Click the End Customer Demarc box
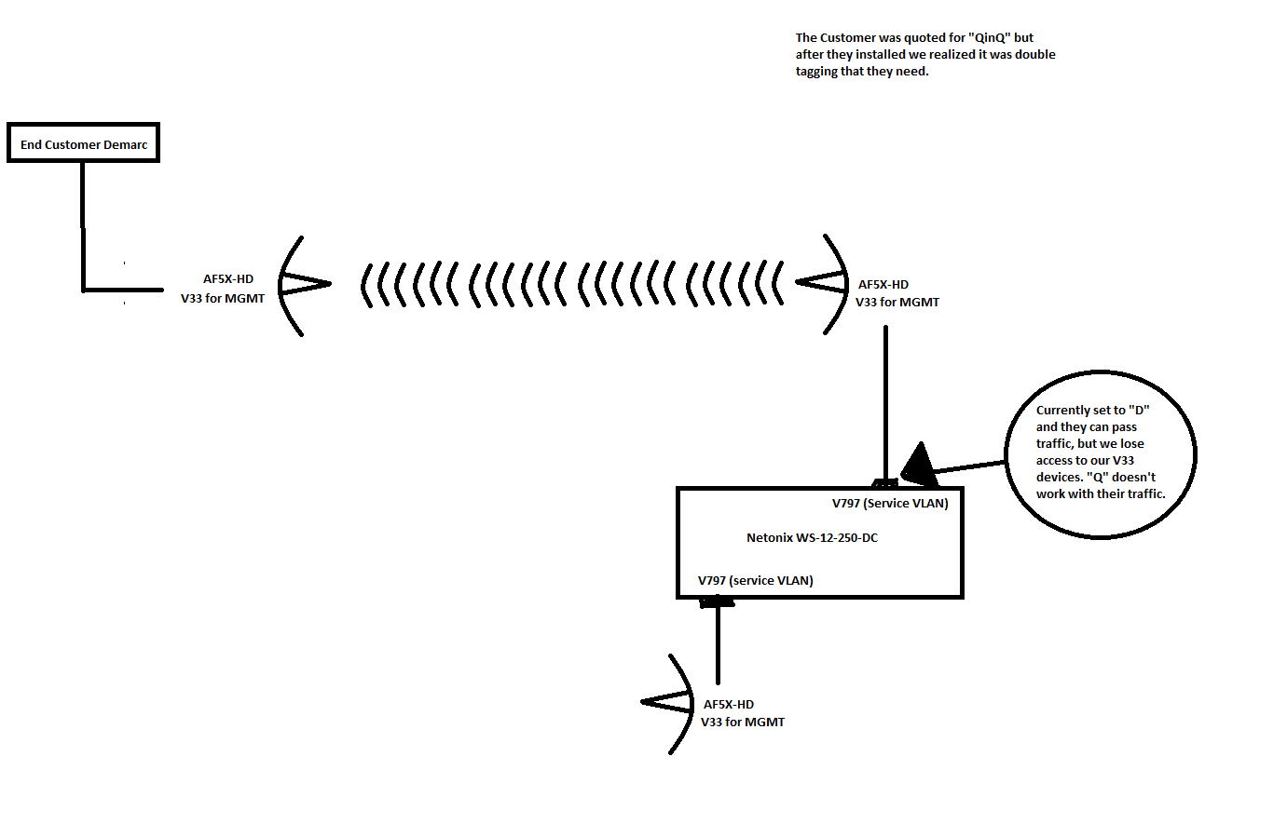(x=83, y=143)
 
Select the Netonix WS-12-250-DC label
(x=812, y=537)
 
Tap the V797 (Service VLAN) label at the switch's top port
(x=890, y=503)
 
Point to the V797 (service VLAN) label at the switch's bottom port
(x=755, y=580)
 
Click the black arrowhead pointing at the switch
(x=918, y=465)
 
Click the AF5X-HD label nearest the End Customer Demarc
(x=228, y=278)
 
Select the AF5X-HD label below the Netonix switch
(x=729, y=704)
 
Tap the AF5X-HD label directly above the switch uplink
(x=883, y=284)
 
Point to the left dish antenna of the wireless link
(x=300, y=284)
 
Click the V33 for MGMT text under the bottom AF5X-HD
(x=743, y=722)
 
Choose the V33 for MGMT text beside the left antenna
(x=223, y=298)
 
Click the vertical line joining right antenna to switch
(x=885, y=400)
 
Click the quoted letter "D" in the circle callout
(x=1139, y=411)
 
